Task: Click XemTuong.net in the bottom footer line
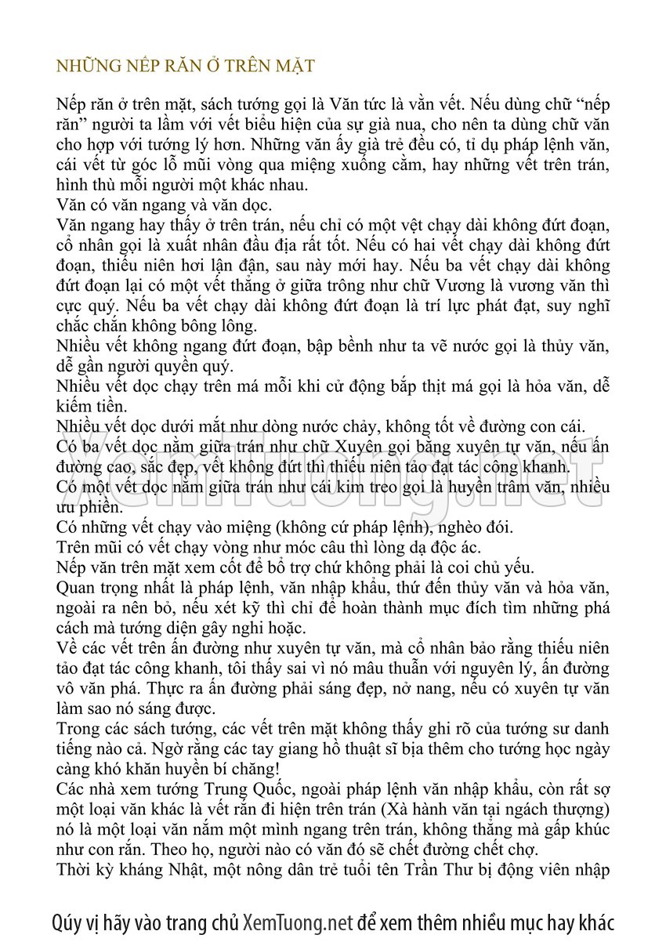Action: (299, 922)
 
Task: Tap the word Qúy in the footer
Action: (68, 922)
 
